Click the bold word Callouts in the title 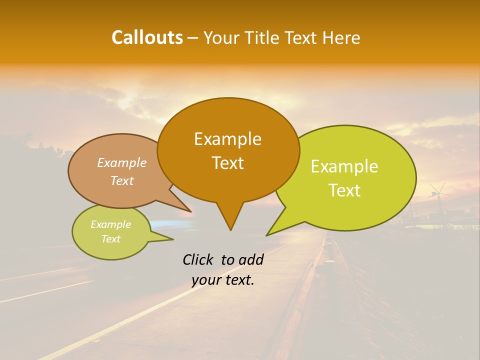(x=147, y=37)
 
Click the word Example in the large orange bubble (x=227, y=139)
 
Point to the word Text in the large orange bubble (x=227, y=163)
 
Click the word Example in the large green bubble (x=344, y=166)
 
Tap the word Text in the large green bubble (x=344, y=190)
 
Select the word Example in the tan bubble (x=122, y=162)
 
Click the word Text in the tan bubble (x=122, y=180)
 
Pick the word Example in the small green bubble (x=110, y=224)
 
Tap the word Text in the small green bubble (x=110, y=239)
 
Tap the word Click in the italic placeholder (x=198, y=259)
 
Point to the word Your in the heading (x=221, y=37)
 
